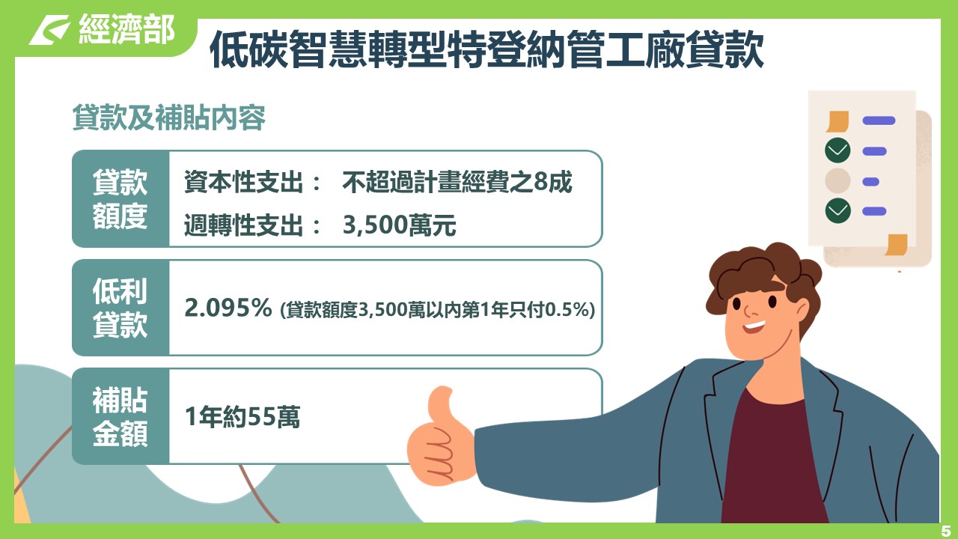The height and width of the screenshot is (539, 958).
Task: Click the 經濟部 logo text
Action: coord(126,28)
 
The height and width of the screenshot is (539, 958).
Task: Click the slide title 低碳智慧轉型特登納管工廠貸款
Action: coord(486,49)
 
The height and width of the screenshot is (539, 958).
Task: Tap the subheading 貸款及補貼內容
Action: coord(169,117)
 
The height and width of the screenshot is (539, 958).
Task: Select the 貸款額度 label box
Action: coord(120,198)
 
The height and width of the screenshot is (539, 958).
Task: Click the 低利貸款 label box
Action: coord(120,308)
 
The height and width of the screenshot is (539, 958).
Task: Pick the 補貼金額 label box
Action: coord(120,417)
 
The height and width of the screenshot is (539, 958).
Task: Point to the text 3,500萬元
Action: coord(400,225)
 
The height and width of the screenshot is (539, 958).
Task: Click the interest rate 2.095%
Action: coord(228,308)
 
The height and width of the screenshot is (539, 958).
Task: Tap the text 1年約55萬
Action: coord(242,417)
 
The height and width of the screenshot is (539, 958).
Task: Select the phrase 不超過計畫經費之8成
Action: coord(457,182)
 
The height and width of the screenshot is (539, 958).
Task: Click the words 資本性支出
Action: coord(244,182)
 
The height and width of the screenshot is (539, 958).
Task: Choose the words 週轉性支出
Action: coord(244,225)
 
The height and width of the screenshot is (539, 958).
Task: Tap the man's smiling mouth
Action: coord(754,327)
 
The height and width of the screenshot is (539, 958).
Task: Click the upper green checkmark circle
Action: coord(838,150)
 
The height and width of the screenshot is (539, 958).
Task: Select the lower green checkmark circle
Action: coord(838,210)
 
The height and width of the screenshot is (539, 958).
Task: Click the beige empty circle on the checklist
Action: coord(838,180)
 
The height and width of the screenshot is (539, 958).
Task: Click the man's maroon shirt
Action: coord(770,462)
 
